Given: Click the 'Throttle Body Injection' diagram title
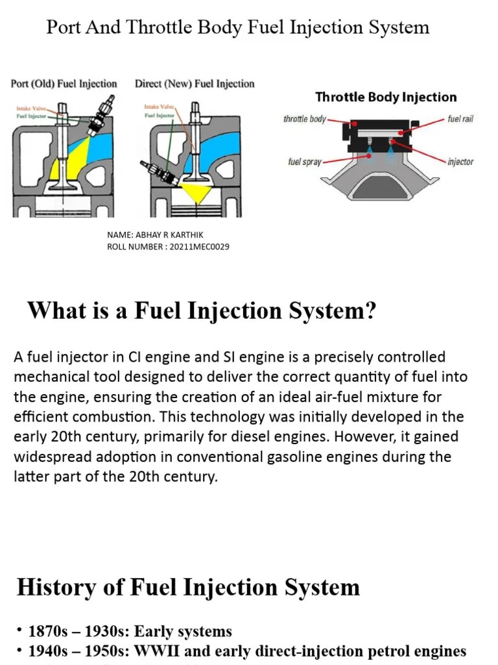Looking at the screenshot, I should pos(386,97).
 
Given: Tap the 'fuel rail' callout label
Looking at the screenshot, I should pos(460,119).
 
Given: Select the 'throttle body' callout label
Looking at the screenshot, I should pos(305,119).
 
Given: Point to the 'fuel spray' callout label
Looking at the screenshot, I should pos(305,162).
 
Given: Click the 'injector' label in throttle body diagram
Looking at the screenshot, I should pos(460,162).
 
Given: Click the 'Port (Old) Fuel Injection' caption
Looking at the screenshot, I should pos(64,84).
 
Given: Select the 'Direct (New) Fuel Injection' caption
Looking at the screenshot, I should pos(195,84).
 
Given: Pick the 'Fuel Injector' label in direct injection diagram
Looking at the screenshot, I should pos(158,116).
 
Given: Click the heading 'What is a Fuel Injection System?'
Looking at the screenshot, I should pos(201,311).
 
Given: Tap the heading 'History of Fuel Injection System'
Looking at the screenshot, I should pos(188,587).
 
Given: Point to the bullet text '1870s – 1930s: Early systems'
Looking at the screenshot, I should pos(130,631).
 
